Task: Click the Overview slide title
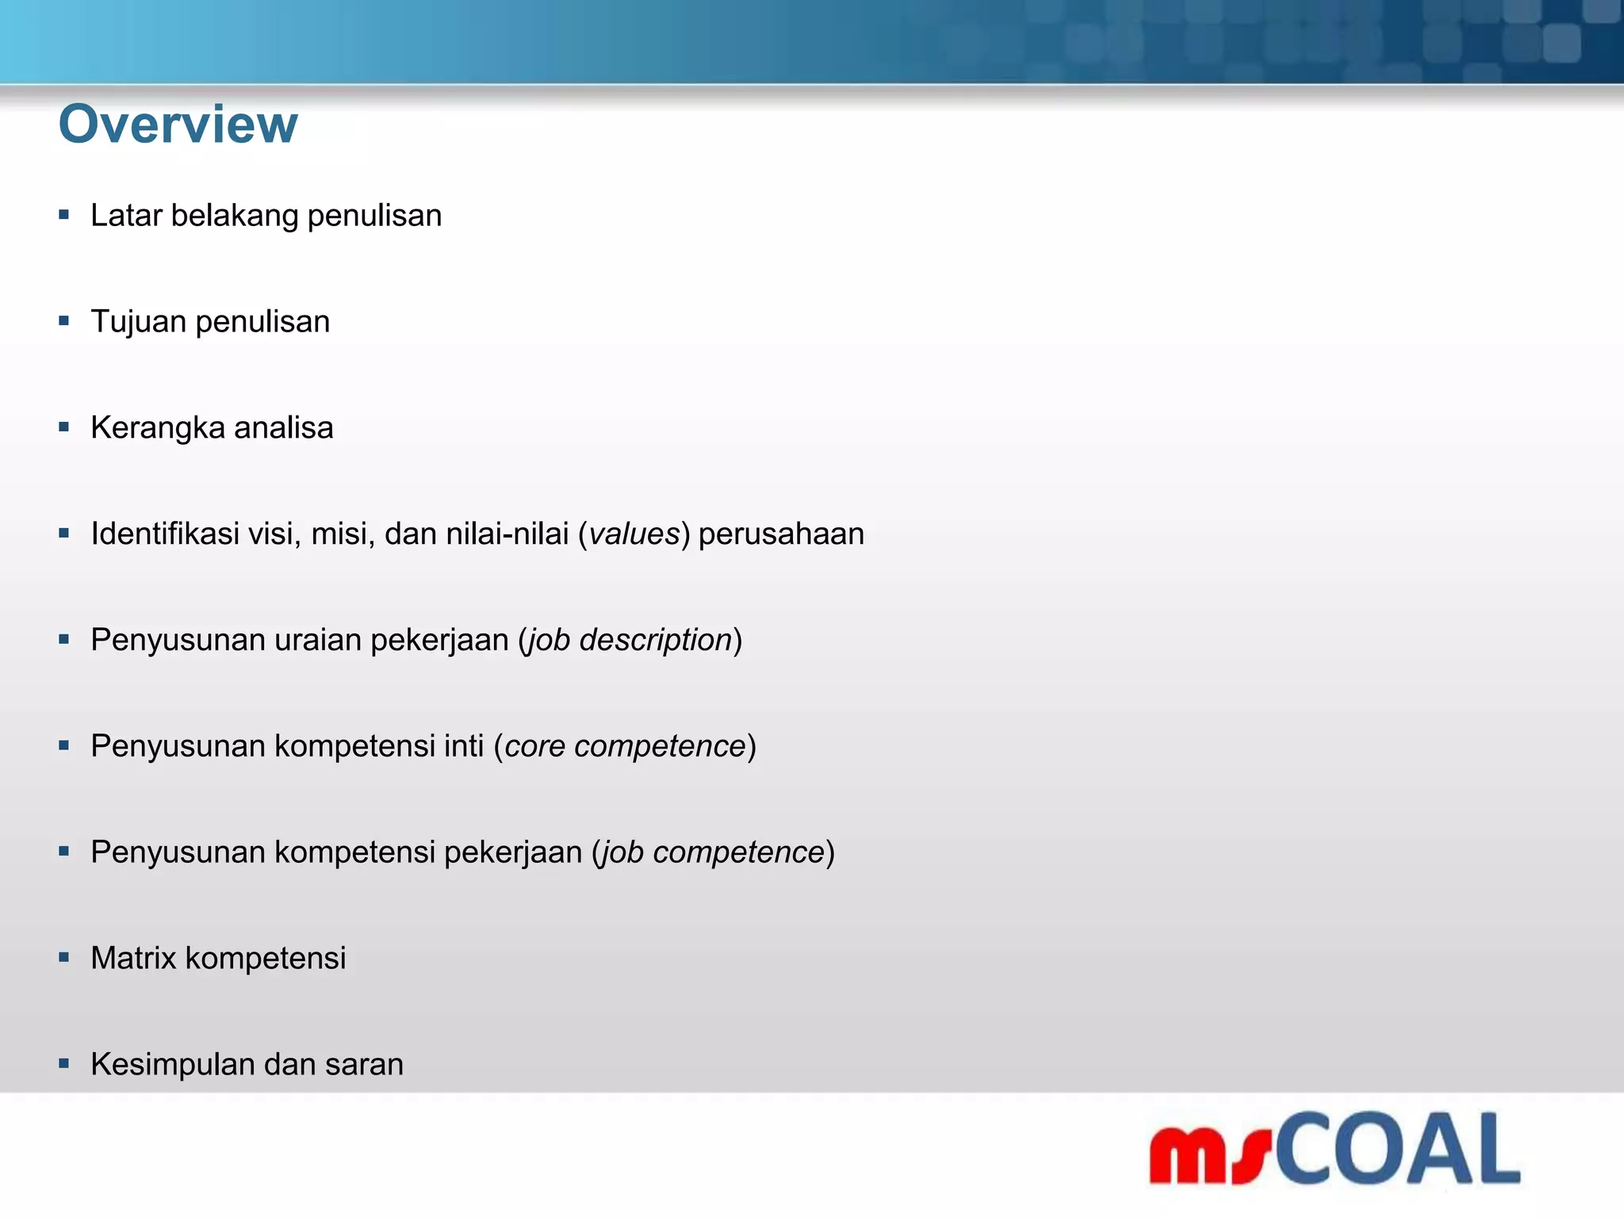pyautogui.click(x=178, y=124)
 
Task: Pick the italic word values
pyautogui.click(x=634, y=534)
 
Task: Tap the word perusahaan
pyautogui.click(x=781, y=534)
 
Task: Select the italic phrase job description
pyautogui.click(x=630, y=641)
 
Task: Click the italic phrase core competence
pyautogui.click(x=625, y=746)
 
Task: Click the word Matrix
pyautogui.click(x=133, y=958)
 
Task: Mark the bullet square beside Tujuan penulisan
pyautogui.click(x=64, y=321)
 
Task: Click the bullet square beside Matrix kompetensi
pyautogui.click(x=64, y=957)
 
